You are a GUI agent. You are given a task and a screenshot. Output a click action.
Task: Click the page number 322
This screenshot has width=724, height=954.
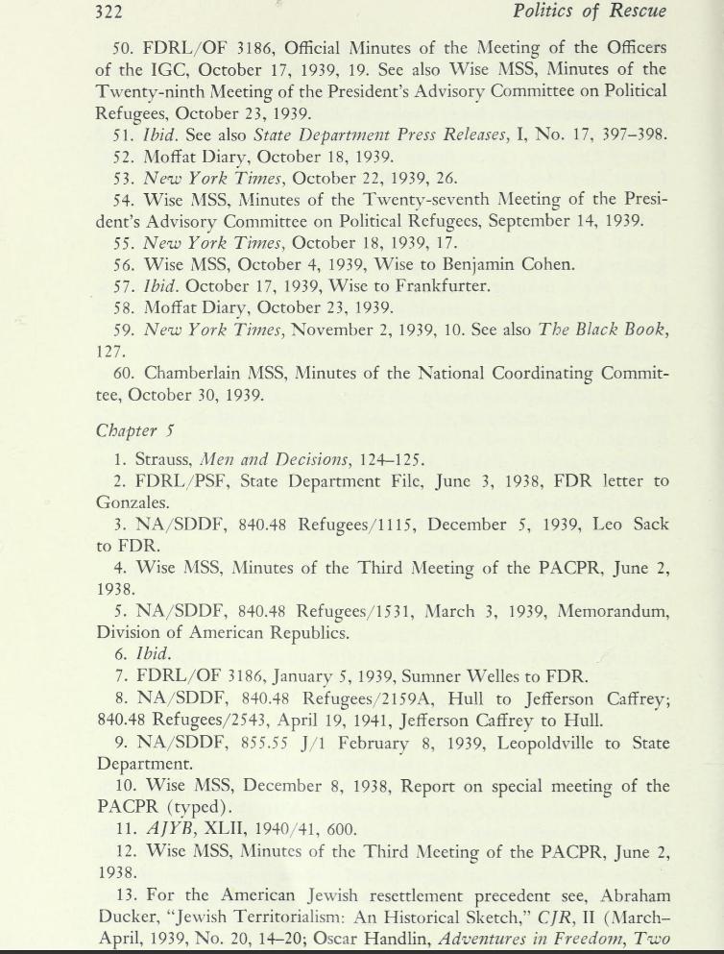click(x=114, y=12)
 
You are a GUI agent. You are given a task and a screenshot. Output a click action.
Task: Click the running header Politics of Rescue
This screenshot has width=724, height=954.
click(x=590, y=12)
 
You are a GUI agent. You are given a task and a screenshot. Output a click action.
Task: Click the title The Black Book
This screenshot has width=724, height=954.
click(x=610, y=330)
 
